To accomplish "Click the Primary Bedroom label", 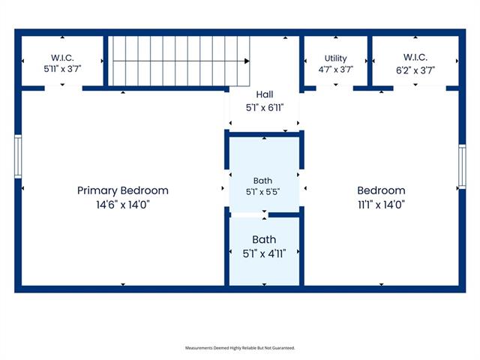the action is [x=123, y=190].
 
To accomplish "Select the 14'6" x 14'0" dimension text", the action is [x=123, y=205].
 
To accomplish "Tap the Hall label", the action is [x=265, y=94].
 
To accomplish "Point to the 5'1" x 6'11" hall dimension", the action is [x=265, y=108].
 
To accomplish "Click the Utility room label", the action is [x=335, y=58].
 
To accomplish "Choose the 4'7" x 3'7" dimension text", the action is [x=335, y=70].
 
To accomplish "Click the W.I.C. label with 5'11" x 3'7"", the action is [x=62, y=58].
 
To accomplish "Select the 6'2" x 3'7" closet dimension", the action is [x=415, y=70].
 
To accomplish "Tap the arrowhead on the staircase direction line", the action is [x=247, y=61].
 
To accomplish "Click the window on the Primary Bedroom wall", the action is [x=18, y=157].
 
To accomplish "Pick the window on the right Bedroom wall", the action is [x=462, y=166].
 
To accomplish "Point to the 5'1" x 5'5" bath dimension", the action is [x=263, y=192].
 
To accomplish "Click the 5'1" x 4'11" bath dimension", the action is [x=264, y=253].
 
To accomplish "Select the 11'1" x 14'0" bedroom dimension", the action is [x=382, y=205].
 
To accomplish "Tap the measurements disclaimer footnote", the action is [x=240, y=348].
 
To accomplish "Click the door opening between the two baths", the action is [x=249, y=215].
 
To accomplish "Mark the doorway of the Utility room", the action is [x=334, y=88].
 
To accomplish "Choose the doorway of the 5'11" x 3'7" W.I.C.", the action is [x=63, y=88].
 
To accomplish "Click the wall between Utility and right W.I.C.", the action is [x=370, y=61].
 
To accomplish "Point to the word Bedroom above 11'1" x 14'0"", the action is [x=382, y=190].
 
